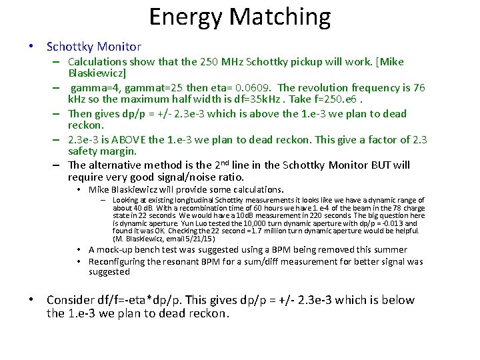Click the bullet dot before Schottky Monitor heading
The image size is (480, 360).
click(31, 47)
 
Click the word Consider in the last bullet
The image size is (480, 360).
click(73, 299)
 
